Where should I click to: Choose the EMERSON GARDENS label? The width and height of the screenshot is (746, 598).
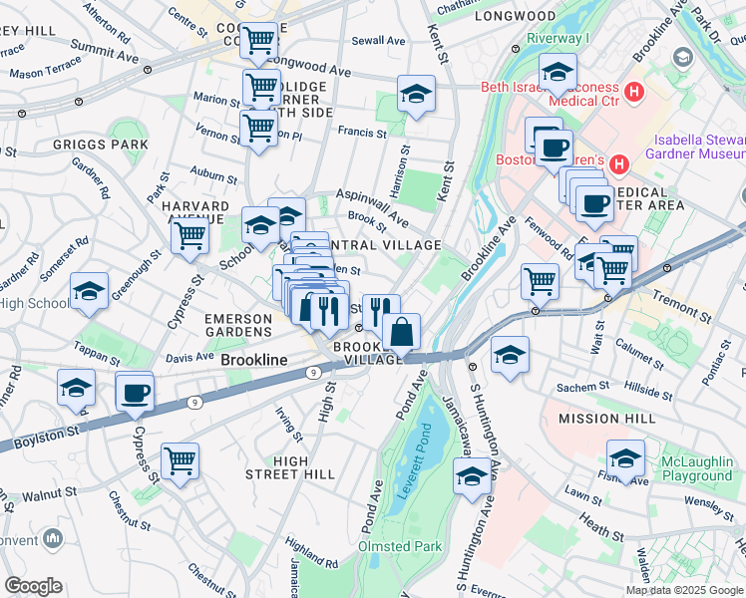238,325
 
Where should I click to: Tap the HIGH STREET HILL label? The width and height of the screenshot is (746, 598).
290,467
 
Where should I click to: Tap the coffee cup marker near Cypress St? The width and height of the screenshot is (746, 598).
135,391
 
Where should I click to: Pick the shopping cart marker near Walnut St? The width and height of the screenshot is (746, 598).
181,460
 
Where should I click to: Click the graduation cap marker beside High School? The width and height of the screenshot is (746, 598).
89,291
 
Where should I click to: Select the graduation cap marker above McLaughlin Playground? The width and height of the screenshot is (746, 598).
625,458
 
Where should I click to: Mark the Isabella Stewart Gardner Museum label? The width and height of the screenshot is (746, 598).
698,147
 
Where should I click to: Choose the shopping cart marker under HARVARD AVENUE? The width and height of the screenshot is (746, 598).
189,236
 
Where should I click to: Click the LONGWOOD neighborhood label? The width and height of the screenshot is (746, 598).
515,17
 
